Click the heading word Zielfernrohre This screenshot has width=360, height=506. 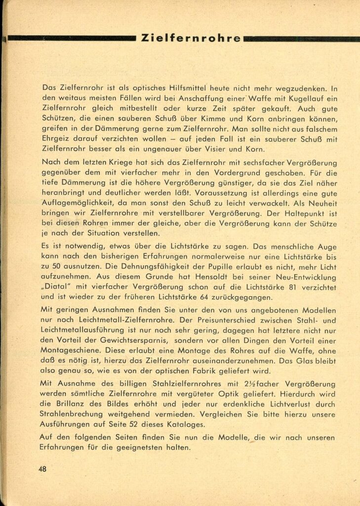click(191, 38)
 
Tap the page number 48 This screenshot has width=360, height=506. click(43, 469)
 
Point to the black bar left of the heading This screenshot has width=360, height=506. click(72, 38)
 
